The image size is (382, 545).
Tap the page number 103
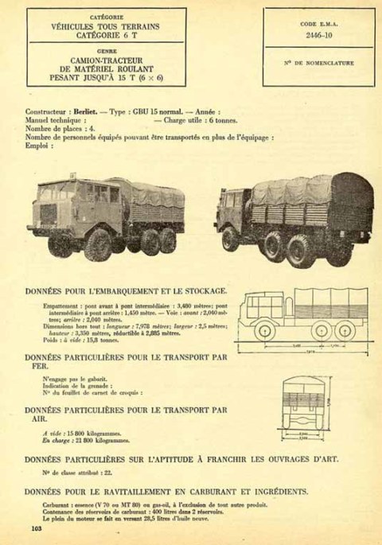[36, 528]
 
